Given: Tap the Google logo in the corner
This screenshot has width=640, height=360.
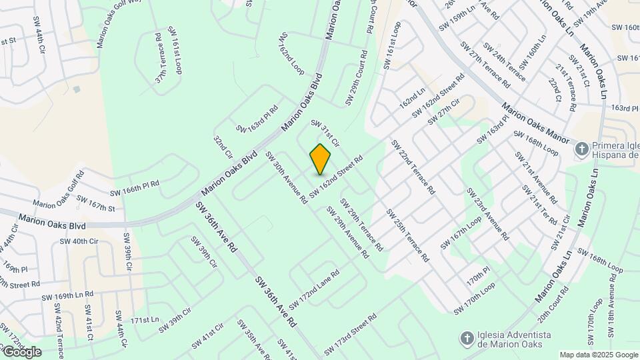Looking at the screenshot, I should [21, 351].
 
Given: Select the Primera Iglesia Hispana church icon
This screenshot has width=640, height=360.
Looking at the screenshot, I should [582, 149].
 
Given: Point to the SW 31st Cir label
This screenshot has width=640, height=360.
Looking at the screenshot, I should [325, 133].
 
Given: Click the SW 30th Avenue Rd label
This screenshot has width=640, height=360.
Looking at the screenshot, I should [287, 177].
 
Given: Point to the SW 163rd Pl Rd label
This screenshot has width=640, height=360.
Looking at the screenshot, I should [257, 119].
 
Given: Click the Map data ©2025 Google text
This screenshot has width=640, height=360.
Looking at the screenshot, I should [598, 355].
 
